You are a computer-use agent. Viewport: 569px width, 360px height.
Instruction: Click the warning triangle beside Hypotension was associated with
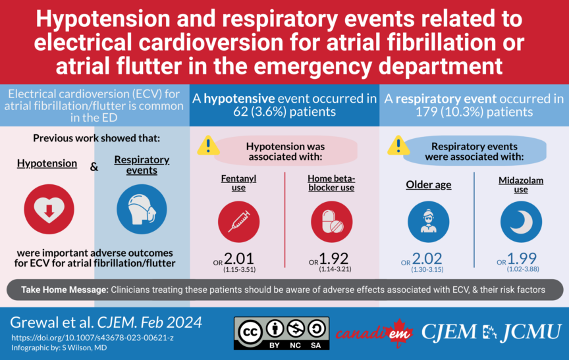click(x=209, y=145)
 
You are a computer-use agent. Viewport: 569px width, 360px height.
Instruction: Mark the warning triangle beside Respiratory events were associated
click(x=398, y=145)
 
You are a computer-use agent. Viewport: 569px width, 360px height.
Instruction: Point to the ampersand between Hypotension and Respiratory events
click(x=94, y=167)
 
